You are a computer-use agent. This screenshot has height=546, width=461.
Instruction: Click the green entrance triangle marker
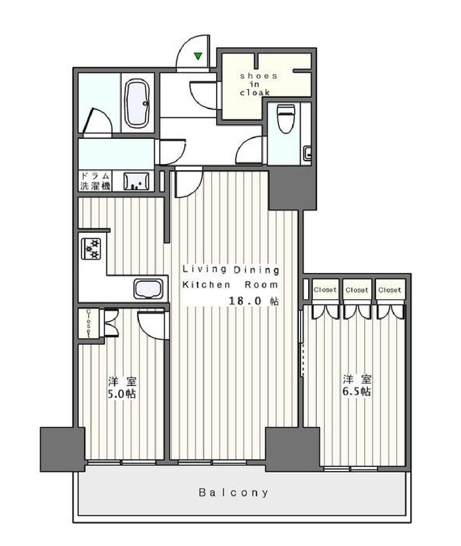[198, 56]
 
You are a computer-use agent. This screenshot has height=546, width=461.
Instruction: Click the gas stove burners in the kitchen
[91, 249]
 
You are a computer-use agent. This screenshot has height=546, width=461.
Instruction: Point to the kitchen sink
[148, 289]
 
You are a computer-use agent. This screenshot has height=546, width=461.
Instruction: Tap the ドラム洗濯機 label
[95, 181]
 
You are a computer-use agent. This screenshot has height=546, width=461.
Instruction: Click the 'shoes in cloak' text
[258, 84]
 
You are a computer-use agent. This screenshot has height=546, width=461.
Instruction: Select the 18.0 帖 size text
[253, 301]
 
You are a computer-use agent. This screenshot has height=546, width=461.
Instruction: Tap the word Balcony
[233, 493]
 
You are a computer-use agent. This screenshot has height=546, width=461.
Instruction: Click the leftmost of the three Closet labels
[325, 290]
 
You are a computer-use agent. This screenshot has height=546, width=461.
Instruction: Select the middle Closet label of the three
[357, 290]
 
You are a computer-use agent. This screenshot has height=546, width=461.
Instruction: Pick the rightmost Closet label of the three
[389, 290]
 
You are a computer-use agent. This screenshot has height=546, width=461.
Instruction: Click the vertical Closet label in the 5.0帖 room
[89, 324]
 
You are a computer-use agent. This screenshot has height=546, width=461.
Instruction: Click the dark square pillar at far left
[62, 450]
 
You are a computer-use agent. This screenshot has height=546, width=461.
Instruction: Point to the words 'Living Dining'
[231, 270]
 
